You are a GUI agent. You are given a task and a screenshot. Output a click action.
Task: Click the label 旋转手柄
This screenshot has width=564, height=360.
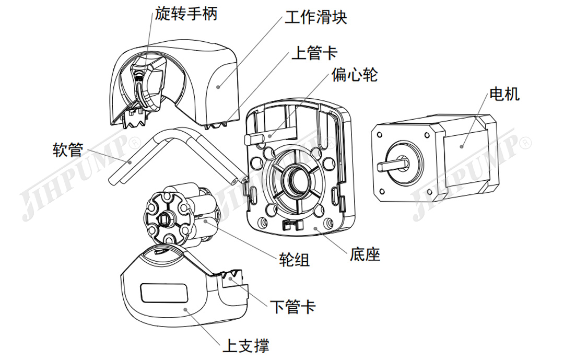pyautogui.click(x=186, y=14)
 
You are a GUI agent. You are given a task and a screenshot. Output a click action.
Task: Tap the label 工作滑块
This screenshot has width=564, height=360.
pyautogui.click(x=315, y=17)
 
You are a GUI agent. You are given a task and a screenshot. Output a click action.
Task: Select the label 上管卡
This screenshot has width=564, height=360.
pyautogui.click(x=314, y=53)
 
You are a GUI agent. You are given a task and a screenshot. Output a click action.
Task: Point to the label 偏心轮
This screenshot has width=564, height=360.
pyautogui.click(x=355, y=75)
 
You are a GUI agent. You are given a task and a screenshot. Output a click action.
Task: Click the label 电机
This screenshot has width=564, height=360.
pyautogui.click(x=504, y=94)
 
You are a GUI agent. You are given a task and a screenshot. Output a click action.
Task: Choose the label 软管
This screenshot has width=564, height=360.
pyautogui.click(x=68, y=150)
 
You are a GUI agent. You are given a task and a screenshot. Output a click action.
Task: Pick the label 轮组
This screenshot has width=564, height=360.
pyautogui.click(x=295, y=259)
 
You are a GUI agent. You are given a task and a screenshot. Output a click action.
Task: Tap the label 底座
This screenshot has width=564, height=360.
pyautogui.click(x=366, y=254)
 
